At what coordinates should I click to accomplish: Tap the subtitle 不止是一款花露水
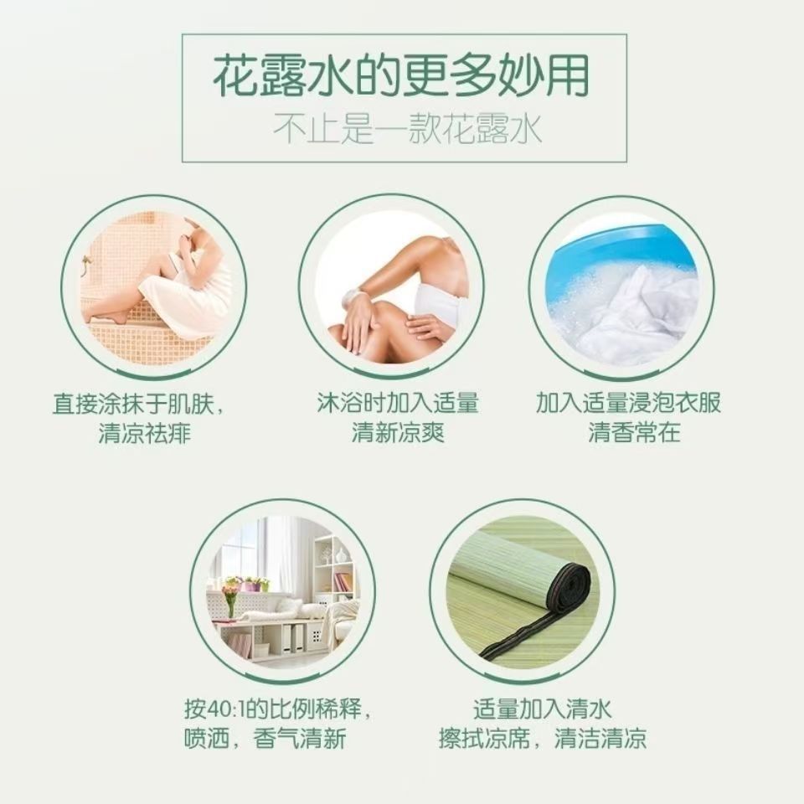tap(407, 129)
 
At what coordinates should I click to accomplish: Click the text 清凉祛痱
tap(145, 433)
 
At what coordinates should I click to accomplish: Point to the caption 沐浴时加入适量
tap(398, 403)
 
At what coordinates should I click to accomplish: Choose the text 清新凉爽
tap(398, 432)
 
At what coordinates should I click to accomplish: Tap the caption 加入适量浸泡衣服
tap(629, 403)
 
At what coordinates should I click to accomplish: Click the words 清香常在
tap(634, 432)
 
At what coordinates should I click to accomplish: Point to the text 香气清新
tap(300, 739)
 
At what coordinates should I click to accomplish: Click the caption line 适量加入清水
tap(543, 709)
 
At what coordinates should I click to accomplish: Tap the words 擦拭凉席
tap(485, 739)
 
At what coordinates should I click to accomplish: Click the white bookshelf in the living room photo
tap(334, 569)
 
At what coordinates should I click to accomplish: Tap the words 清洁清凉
tap(600, 739)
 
